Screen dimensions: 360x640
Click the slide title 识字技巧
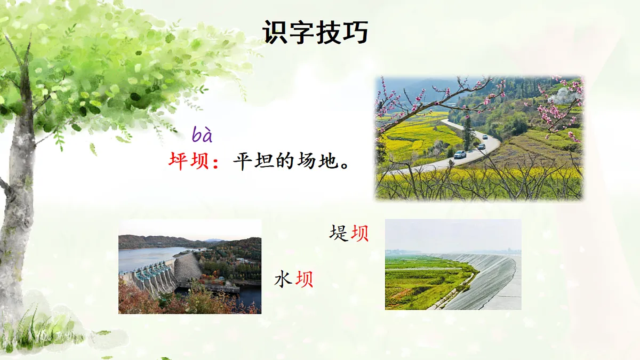315,33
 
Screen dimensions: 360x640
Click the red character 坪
180,161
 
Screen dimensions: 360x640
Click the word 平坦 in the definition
253,161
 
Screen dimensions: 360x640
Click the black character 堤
339,233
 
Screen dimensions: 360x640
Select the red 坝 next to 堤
359,233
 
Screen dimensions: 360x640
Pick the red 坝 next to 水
304,279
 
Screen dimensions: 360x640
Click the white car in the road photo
460,154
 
